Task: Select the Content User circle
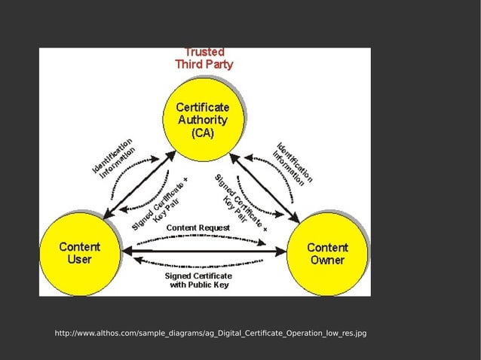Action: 80,253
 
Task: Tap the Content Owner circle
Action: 327,253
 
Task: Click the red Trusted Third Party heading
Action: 204,59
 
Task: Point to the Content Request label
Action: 198,227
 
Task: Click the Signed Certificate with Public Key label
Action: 198,280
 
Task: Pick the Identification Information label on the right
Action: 294,163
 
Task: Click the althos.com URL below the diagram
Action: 210,333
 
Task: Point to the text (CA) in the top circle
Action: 202,133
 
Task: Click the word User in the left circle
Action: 80,260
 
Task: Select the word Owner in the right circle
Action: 327,261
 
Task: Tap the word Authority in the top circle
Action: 202,121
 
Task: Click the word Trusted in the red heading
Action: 204,52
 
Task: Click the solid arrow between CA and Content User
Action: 140,184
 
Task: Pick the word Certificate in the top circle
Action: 202,108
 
